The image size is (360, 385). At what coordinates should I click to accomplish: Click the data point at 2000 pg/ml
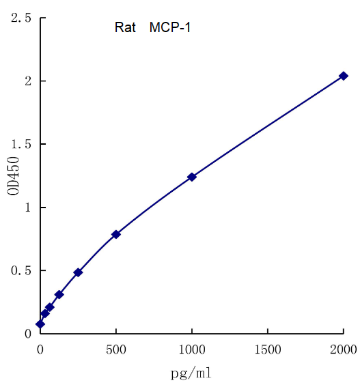coord(344,76)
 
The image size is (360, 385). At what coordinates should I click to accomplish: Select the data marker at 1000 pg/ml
coord(192,177)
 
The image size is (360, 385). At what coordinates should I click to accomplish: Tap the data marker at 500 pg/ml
coord(116,234)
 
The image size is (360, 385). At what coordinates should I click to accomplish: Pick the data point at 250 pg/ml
coord(78,272)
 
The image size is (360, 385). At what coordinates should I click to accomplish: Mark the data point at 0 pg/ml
coord(40,324)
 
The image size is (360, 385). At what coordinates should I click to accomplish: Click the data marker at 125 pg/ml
coord(59,295)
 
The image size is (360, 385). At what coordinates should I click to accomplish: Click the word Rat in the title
coord(125,28)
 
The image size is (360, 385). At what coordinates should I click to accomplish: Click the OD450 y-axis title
coord(13,176)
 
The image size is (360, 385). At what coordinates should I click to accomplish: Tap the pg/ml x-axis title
coord(191,373)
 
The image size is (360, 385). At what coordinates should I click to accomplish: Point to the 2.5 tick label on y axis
coord(21,18)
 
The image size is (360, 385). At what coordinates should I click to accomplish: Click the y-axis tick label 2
coord(27,81)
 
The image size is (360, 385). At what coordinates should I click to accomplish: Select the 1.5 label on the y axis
coord(21,144)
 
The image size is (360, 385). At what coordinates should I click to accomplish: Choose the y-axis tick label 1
coord(27,208)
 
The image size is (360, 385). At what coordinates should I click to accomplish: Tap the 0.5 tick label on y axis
coord(21,270)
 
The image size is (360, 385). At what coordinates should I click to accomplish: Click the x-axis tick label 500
coord(116,350)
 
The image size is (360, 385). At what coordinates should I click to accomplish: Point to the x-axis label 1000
coord(192,350)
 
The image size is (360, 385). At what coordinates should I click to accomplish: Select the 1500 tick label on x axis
coord(268,350)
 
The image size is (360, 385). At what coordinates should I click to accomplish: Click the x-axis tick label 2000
coord(343,350)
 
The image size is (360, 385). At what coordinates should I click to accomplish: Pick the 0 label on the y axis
coord(27,334)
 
